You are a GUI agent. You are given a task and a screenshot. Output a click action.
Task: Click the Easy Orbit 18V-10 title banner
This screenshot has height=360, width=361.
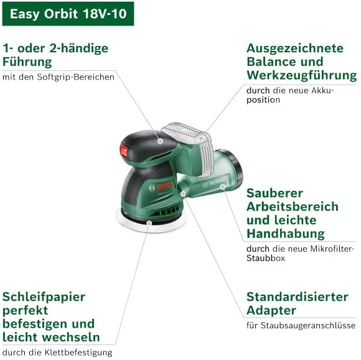coord(68,14)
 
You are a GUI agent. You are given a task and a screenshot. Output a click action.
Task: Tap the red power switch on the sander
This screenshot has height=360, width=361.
coord(124,151)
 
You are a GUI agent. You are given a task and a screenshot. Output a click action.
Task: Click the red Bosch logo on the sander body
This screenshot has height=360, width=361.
coord(165,186)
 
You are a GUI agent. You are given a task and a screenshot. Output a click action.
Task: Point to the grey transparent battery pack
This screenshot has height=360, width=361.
coord(189,149)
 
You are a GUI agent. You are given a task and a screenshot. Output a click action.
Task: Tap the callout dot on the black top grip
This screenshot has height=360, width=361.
coord(160,141)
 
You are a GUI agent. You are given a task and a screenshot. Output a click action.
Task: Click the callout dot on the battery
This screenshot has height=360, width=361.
coord(201,138)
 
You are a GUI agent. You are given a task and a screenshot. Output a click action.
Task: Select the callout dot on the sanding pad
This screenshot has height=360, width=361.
coord(149,223)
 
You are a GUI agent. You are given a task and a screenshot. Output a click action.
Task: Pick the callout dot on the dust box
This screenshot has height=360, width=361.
coord(222,187)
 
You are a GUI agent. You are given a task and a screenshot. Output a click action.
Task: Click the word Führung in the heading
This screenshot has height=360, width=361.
coord(27,62)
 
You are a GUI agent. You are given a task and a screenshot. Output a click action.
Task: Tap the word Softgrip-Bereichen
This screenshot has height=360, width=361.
coord(75,77)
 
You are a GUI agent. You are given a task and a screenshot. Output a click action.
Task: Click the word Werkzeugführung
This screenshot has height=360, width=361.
coord(302,75)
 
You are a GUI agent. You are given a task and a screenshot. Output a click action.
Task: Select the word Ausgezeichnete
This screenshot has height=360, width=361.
coord(295,48)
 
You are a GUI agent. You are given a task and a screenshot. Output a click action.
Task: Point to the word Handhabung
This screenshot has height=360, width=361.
coord(286,234)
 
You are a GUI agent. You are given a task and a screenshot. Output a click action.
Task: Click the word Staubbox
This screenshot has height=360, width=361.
coord(266,258)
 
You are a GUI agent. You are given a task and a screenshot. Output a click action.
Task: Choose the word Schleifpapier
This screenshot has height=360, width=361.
coord(44,298)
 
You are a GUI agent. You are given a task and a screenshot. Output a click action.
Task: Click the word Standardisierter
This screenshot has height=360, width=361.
coord(298,297)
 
